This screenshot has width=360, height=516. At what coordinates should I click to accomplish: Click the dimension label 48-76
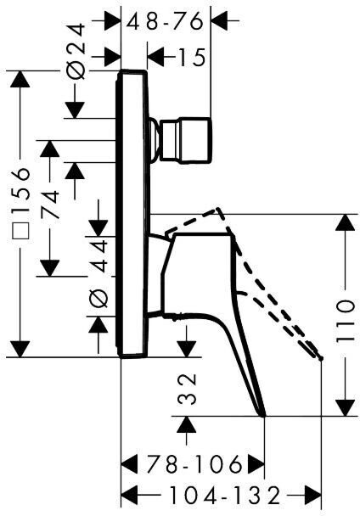click(x=165, y=22)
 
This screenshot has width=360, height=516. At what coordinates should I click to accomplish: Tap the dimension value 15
click(x=191, y=57)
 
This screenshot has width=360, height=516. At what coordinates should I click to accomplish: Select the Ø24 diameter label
click(x=76, y=52)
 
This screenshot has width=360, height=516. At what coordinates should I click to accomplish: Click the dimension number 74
click(x=50, y=204)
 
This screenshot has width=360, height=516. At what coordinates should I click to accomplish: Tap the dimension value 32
click(x=187, y=389)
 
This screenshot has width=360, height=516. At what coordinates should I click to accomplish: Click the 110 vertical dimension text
click(x=346, y=321)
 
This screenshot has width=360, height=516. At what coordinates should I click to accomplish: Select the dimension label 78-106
click(x=194, y=464)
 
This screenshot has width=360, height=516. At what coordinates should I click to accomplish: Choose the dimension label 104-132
click(x=225, y=496)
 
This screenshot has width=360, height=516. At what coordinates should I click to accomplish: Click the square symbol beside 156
click(x=20, y=231)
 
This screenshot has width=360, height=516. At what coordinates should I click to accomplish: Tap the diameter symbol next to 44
click(x=98, y=299)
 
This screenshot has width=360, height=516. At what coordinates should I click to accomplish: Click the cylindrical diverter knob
click(x=185, y=140)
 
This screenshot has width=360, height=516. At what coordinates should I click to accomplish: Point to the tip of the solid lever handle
click(x=264, y=416)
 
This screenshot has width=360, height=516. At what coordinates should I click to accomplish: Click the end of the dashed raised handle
click(x=321, y=358)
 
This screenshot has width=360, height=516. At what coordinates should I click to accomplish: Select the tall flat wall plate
click(x=132, y=214)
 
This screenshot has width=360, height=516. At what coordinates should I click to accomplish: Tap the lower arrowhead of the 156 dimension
click(x=20, y=348)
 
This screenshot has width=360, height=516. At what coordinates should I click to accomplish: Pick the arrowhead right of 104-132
click(x=312, y=496)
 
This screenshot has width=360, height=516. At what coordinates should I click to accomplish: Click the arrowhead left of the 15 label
click(x=156, y=57)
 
